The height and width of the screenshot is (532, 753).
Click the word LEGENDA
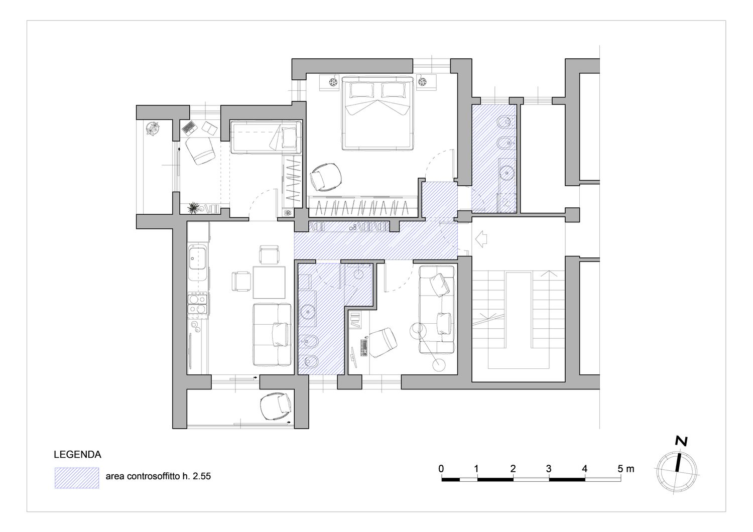(x=77, y=455)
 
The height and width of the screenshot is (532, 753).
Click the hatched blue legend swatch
(x=77, y=478)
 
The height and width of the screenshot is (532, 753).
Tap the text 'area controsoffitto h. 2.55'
(x=158, y=476)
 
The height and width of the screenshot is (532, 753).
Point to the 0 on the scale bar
(x=441, y=468)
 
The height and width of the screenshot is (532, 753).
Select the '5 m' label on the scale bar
(x=626, y=468)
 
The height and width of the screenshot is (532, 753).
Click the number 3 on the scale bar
(x=549, y=468)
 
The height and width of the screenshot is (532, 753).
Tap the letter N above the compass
(x=681, y=441)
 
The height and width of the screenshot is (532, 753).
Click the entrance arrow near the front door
(x=481, y=239)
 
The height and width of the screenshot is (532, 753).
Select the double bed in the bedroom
(x=377, y=113)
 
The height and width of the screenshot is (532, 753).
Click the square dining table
(x=269, y=282)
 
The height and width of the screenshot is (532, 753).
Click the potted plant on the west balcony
(x=153, y=128)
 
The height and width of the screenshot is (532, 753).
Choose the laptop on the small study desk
(x=189, y=127)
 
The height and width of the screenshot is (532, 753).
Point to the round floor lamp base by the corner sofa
(x=439, y=365)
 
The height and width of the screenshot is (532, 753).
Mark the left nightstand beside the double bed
(x=329, y=82)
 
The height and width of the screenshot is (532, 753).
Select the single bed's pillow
(x=289, y=138)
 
